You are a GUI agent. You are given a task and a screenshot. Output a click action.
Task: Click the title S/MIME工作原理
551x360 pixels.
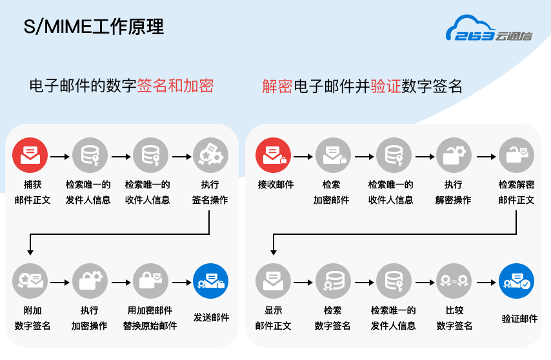point(94,27)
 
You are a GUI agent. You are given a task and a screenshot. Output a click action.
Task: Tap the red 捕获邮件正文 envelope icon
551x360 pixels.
point(30,155)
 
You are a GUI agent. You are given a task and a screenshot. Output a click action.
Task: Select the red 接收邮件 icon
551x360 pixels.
point(273,155)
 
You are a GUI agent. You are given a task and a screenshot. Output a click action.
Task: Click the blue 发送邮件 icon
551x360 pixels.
point(210,281)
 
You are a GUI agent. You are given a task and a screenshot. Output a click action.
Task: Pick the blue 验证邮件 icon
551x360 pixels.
point(516,281)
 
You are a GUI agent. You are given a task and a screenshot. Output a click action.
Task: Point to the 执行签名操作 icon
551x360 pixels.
point(210,155)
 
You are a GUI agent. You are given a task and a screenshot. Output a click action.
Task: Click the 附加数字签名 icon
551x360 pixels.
point(30,281)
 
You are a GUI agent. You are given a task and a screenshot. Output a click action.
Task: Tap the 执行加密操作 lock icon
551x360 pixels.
point(90,281)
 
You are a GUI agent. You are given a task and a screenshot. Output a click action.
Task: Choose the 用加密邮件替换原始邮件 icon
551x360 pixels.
point(150,281)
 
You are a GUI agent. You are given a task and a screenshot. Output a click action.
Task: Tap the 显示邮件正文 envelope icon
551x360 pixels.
point(273,281)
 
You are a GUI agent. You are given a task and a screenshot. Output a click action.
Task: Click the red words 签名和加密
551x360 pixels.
point(175,86)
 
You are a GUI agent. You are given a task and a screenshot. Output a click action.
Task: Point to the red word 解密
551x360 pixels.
point(277,86)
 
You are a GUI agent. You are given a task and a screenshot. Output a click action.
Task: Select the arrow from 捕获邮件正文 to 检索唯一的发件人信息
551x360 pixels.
point(59,156)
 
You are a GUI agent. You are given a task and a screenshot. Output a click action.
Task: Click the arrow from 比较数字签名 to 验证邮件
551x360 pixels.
point(485,282)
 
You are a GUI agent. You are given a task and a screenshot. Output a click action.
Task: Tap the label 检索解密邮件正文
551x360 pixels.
point(516,192)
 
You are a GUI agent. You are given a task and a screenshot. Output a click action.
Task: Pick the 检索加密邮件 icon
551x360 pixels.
point(333,155)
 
